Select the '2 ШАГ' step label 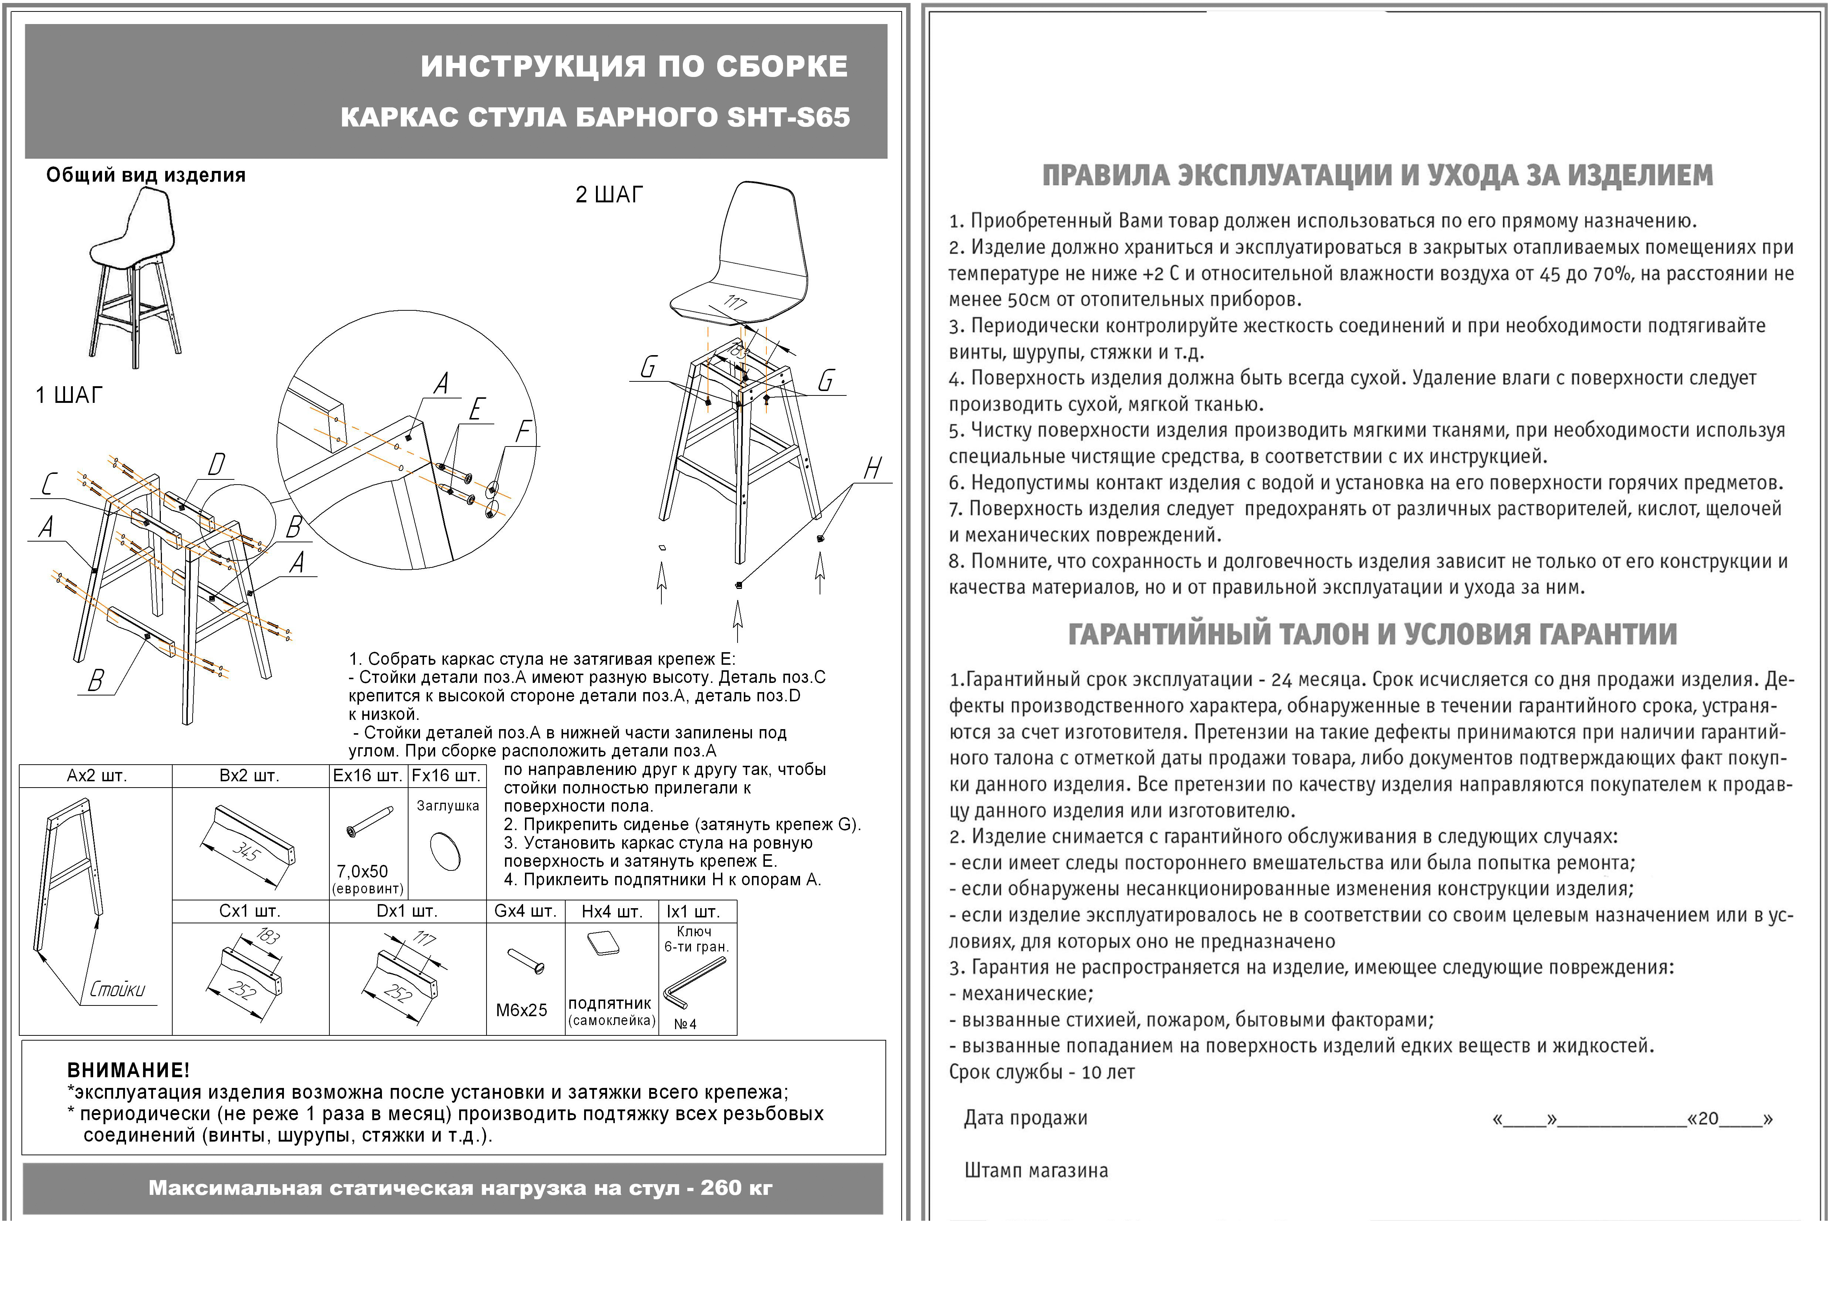609,195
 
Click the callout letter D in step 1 216,465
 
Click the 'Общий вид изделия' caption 146,175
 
